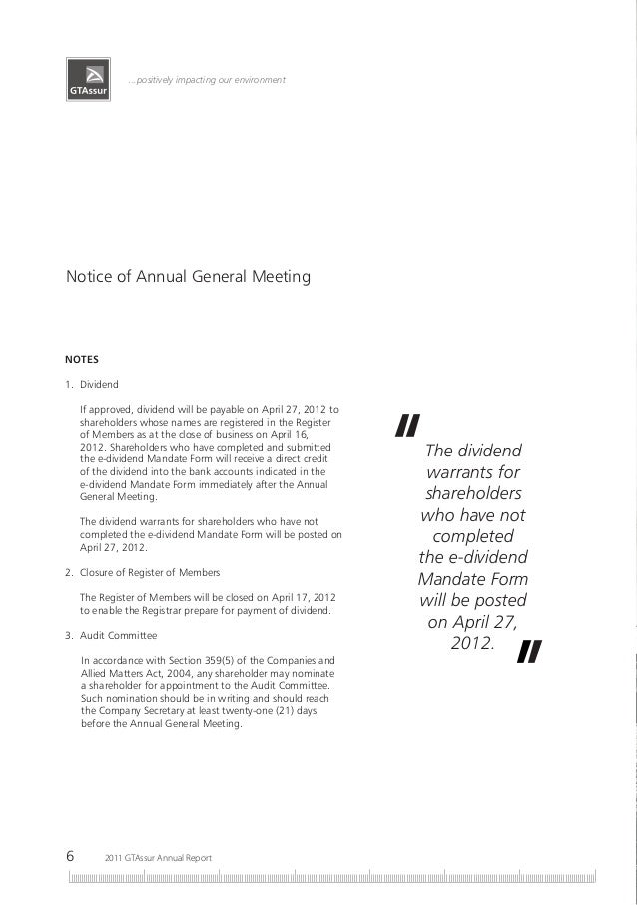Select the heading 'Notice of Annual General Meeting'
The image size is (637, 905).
pyautogui.click(x=188, y=274)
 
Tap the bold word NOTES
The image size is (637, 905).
pyautogui.click(x=82, y=358)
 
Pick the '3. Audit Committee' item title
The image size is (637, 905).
pyautogui.click(x=111, y=635)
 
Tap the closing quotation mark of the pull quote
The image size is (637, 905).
pyautogui.click(x=529, y=652)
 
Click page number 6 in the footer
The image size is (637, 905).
pyautogui.click(x=70, y=856)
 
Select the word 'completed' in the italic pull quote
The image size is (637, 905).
pyautogui.click(x=473, y=537)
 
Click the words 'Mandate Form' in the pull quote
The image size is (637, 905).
pyautogui.click(x=473, y=580)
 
